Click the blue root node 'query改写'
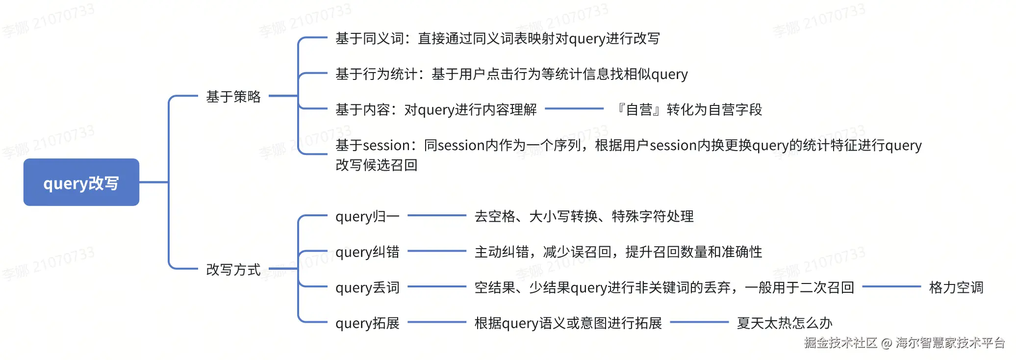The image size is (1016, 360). click(81, 182)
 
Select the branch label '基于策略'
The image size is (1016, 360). click(233, 97)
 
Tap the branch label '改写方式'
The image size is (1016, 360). click(233, 270)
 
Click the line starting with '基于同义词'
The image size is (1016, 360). click(497, 39)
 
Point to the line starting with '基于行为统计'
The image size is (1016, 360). click(511, 74)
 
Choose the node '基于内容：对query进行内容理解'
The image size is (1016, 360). click(436, 109)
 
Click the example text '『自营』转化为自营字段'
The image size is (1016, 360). click(688, 109)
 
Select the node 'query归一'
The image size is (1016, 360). click(367, 216)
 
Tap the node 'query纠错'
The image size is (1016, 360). click(367, 252)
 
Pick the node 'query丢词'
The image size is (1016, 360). click(367, 287)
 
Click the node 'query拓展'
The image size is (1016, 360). click(367, 323)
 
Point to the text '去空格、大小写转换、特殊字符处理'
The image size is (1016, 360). click(584, 216)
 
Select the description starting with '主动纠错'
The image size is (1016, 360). click(618, 252)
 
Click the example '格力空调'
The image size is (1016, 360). click(956, 287)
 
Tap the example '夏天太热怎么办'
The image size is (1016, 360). click(785, 323)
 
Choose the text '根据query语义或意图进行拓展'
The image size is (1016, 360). click(568, 323)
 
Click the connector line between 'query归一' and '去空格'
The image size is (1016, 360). click(436, 215)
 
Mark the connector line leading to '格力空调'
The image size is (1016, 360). click(891, 286)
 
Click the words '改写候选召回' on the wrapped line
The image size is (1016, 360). click(377, 165)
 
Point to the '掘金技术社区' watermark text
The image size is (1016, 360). click(840, 343)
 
